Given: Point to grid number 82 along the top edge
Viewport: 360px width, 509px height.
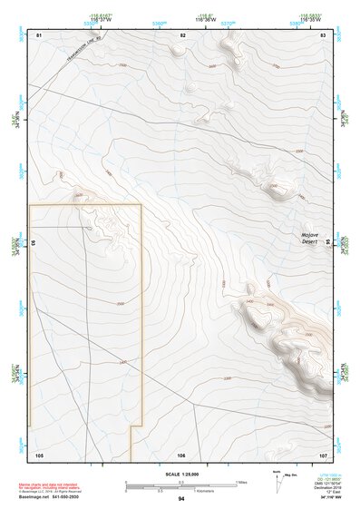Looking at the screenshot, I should pos(182,34).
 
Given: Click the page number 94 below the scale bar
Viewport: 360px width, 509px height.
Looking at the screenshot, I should pos(181,499).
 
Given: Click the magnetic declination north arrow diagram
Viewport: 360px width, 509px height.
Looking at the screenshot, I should pos(277,482).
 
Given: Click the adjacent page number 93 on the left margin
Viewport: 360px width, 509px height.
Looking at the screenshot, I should pos(34,244).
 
